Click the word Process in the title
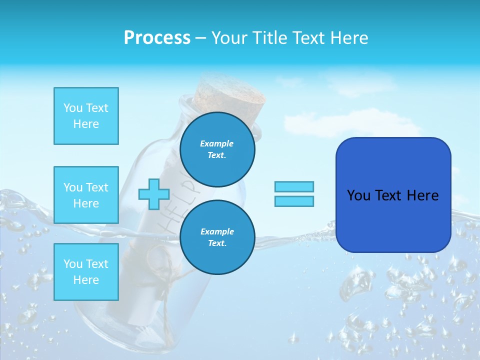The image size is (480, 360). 157,38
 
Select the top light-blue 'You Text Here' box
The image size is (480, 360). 86,116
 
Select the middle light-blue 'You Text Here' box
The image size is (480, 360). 86,195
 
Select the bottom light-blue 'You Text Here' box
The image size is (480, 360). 86,272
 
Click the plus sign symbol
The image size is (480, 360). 154,194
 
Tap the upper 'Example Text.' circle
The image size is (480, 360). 217,149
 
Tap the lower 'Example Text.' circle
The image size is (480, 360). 217,237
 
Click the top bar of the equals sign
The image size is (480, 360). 294,186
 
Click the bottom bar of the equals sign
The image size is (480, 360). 294,201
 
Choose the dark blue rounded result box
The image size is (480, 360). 393,194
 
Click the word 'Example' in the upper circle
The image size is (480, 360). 217,143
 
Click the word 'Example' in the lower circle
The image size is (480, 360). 217,231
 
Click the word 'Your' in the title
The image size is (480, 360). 229,38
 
